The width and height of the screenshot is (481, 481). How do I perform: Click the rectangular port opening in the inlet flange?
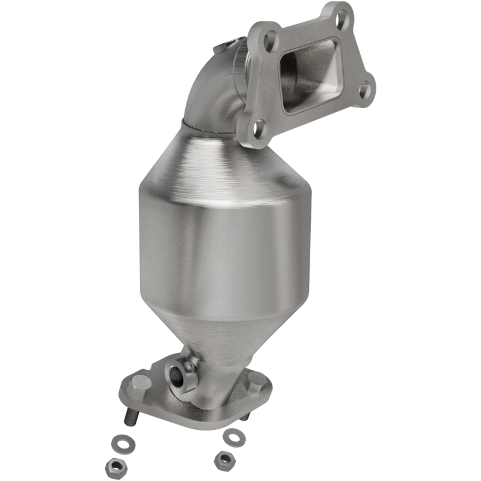pyautogui.click(x=310, y=72)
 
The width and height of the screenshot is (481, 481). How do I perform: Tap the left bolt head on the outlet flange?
pyautogui.click(x=139, y=381)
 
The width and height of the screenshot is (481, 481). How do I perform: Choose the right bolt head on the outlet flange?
pyautogui.click(x=256, y=380)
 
